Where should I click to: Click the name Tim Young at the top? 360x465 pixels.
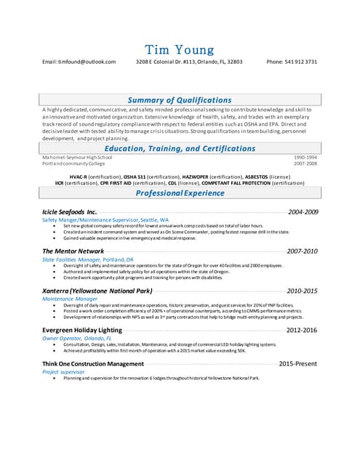(x=180, y=49)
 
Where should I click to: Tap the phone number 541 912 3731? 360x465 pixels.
(x=292, y=62)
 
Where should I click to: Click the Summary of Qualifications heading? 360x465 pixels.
(x=180, y=100)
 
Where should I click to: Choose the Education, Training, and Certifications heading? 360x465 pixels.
(x=180, y=148)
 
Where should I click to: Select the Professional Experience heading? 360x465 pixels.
(x=180, y=193)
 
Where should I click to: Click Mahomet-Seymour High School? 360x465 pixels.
(x=77, y=158)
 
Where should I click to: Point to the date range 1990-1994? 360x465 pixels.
(x=305, y=158)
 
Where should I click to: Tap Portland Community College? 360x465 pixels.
(x=73, y=164)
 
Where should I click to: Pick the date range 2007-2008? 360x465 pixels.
(x=305, y=164)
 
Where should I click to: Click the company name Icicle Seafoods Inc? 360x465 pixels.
(x=69, y=211)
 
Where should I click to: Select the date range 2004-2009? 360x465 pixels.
(x=303, y=211)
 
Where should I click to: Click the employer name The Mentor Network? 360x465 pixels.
(x=73, y=251)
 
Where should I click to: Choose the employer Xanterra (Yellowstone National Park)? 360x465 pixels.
(x=97, y=291)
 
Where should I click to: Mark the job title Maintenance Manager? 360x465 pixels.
(x=70, y=299)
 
